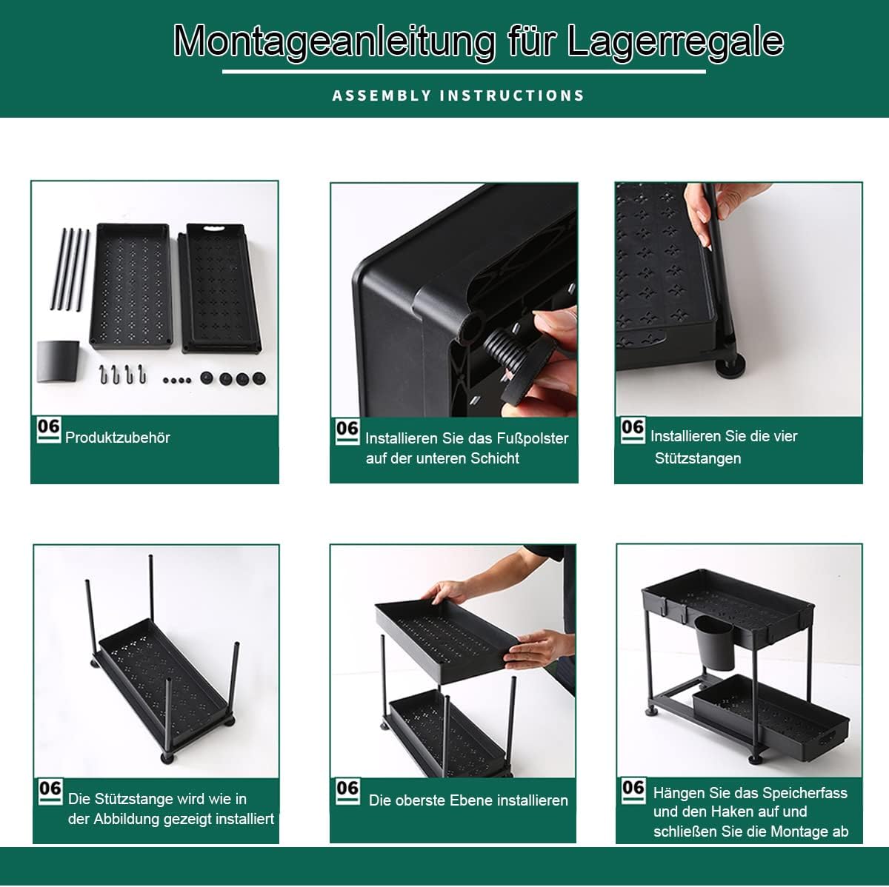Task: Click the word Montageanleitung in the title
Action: click(334, 42)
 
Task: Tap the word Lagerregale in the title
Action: click(676, 42)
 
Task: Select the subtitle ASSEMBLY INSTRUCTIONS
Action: click(458, 96)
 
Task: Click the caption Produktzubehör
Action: click(118, 438)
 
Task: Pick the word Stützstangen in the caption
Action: click(698, 458)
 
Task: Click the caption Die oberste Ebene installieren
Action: click(468, 800)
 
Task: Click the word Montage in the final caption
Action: click(799, 831)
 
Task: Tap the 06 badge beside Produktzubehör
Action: click(48, 430)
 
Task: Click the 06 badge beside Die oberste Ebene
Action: click(347, 792)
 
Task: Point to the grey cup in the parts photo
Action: click(58, 361)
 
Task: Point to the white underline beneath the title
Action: click(464, 72)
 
